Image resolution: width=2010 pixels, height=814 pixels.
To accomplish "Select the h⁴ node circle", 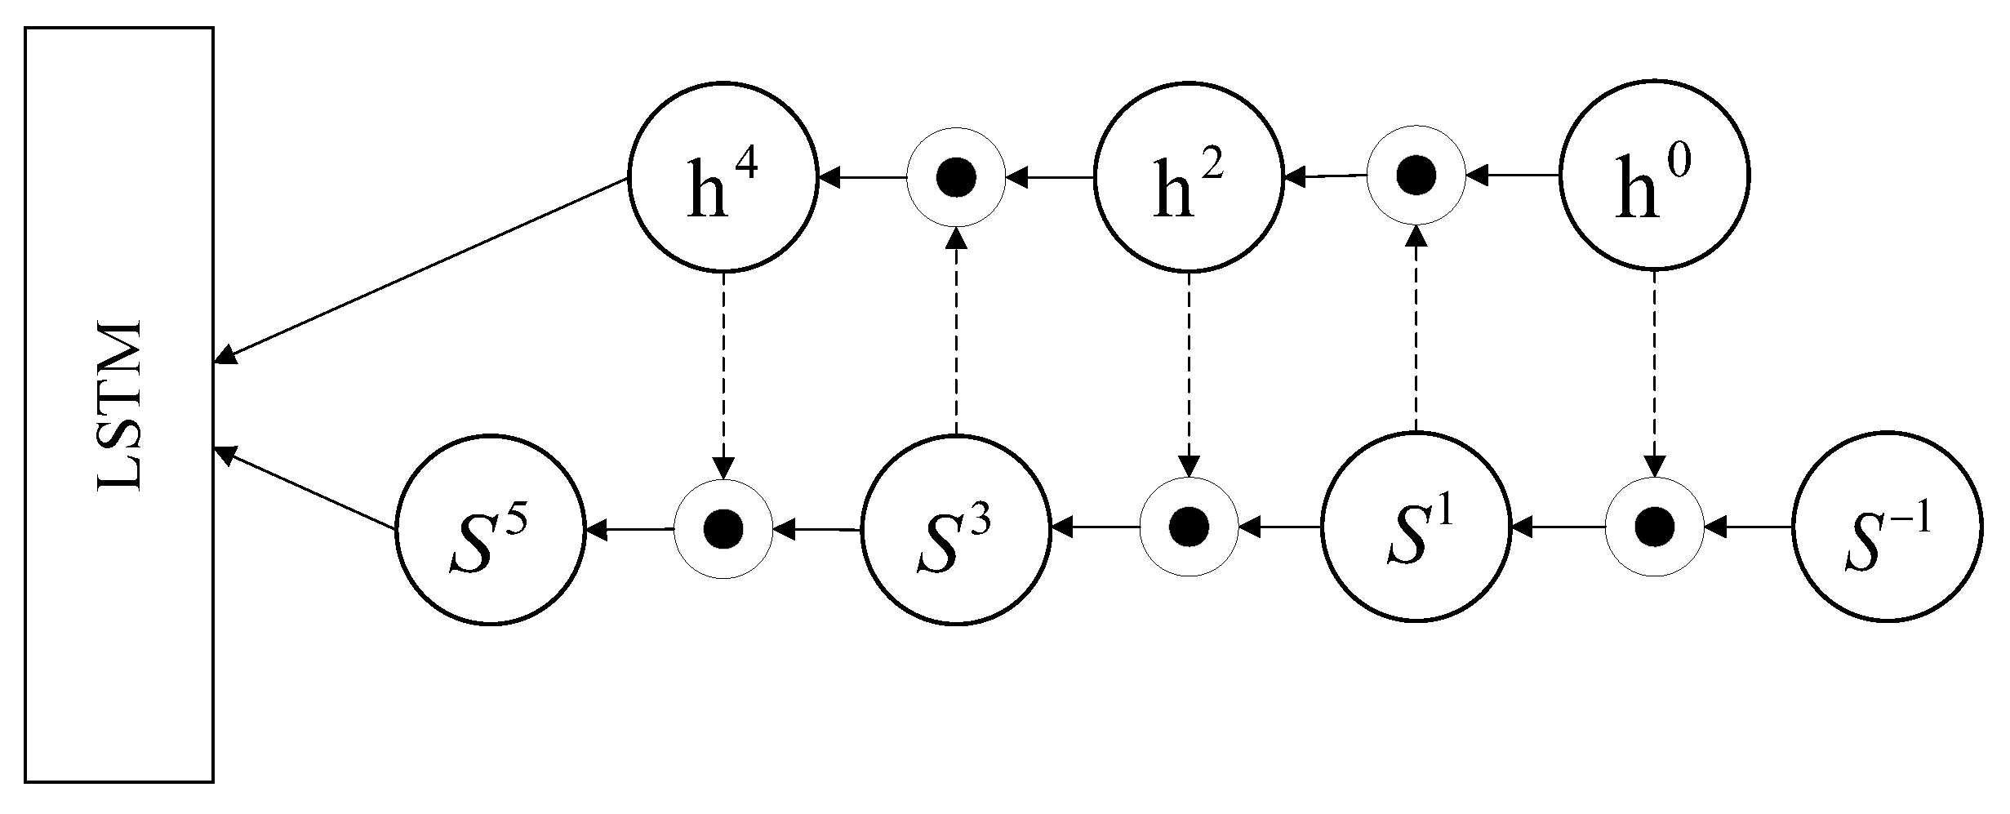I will click(x=723, y=176).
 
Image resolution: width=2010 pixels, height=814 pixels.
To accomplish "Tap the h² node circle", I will click(x=1188, y=176).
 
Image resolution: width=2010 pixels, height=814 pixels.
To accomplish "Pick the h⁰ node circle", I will click(x=1654, y=175).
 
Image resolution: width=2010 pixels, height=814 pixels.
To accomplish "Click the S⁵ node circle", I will click(x=491, y=530).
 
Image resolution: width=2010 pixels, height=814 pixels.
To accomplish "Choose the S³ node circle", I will click(x=956, y=530).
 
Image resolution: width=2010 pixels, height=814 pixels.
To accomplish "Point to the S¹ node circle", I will click(x=1416, y=527).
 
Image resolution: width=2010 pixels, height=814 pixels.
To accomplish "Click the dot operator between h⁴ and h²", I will click(x=956, y=177).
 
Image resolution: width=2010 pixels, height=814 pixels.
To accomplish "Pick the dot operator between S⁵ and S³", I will click(x=723, y=529).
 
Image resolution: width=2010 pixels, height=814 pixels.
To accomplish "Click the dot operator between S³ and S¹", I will click(x=1188, y=527).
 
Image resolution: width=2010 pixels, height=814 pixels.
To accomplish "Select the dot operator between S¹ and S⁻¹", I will click(x=1654, y=527).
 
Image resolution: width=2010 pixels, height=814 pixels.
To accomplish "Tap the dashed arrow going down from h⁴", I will click(x=723, y=376).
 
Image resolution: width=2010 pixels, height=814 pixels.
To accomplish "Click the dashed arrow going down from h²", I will click(x=1188, y=376).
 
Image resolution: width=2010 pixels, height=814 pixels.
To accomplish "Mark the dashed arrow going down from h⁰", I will click(x=1654, y=376).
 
